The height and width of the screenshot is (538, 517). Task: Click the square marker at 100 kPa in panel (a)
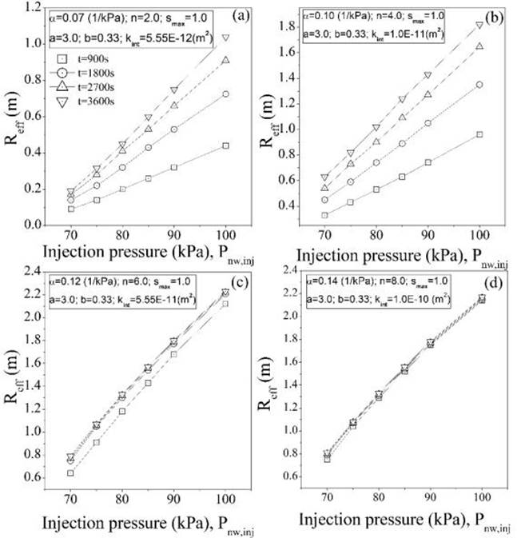226,145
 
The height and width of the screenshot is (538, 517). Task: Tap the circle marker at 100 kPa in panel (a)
226,94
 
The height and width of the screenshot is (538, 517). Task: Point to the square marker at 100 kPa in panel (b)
479,134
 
